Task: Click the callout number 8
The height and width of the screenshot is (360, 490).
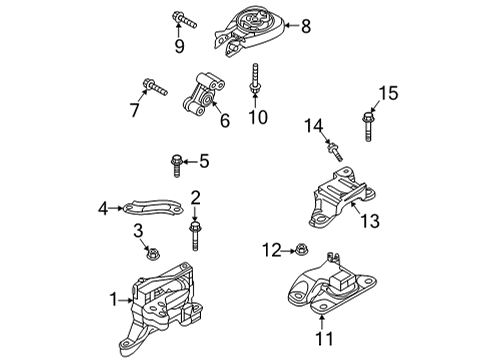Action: pos(306,26)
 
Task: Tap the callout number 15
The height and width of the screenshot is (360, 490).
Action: pos(388,93)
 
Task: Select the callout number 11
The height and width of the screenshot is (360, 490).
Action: pos(324,339)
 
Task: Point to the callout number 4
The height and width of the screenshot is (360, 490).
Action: pos(103,209)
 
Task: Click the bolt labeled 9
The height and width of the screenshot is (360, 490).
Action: pos(184,20)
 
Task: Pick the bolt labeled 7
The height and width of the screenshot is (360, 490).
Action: pos(155,87)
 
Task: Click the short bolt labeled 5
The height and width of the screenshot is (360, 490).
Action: pos(176,166)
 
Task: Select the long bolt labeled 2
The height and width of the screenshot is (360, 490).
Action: pos(195,235)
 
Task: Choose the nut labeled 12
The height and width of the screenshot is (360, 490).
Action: pos(301,250)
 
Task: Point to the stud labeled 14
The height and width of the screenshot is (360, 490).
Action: pos(335,152)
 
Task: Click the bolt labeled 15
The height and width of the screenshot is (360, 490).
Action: pos(368,127)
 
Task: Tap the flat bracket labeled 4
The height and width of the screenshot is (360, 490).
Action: pos(154,207)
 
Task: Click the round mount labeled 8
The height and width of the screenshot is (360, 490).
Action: pos(249,32)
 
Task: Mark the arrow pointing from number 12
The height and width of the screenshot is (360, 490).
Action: pos(288,250)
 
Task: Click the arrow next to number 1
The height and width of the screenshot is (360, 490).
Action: pos(126,300)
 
